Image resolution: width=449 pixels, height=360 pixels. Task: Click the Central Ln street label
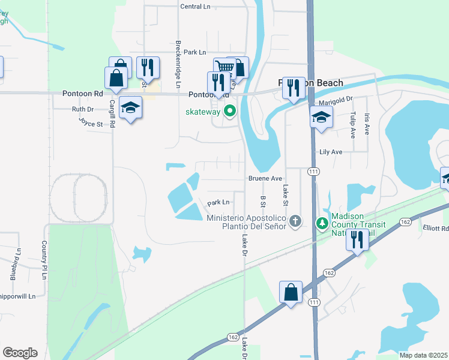pos(196,7)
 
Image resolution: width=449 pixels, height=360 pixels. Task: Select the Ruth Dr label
pos(83,109)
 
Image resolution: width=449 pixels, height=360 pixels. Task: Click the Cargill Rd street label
pos(112,112)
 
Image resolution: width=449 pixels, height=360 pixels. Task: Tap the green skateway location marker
pos(229,111)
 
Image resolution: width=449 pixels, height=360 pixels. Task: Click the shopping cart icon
pos(224,67)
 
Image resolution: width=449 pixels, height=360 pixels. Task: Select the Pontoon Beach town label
pos(311,83)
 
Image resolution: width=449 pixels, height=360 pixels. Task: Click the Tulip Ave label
pos(353,125)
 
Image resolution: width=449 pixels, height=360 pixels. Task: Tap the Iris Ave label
pos(367,125)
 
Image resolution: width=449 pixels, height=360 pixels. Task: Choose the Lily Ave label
pos(331,152)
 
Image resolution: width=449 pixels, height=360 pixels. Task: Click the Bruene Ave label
pos(265,179)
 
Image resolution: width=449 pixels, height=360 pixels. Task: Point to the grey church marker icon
pos(294,222)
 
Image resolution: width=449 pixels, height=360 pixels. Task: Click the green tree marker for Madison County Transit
pos(322,223)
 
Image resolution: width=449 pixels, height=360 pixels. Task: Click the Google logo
pos(20,353)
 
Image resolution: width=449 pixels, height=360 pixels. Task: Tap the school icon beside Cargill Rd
pos(130,108)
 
